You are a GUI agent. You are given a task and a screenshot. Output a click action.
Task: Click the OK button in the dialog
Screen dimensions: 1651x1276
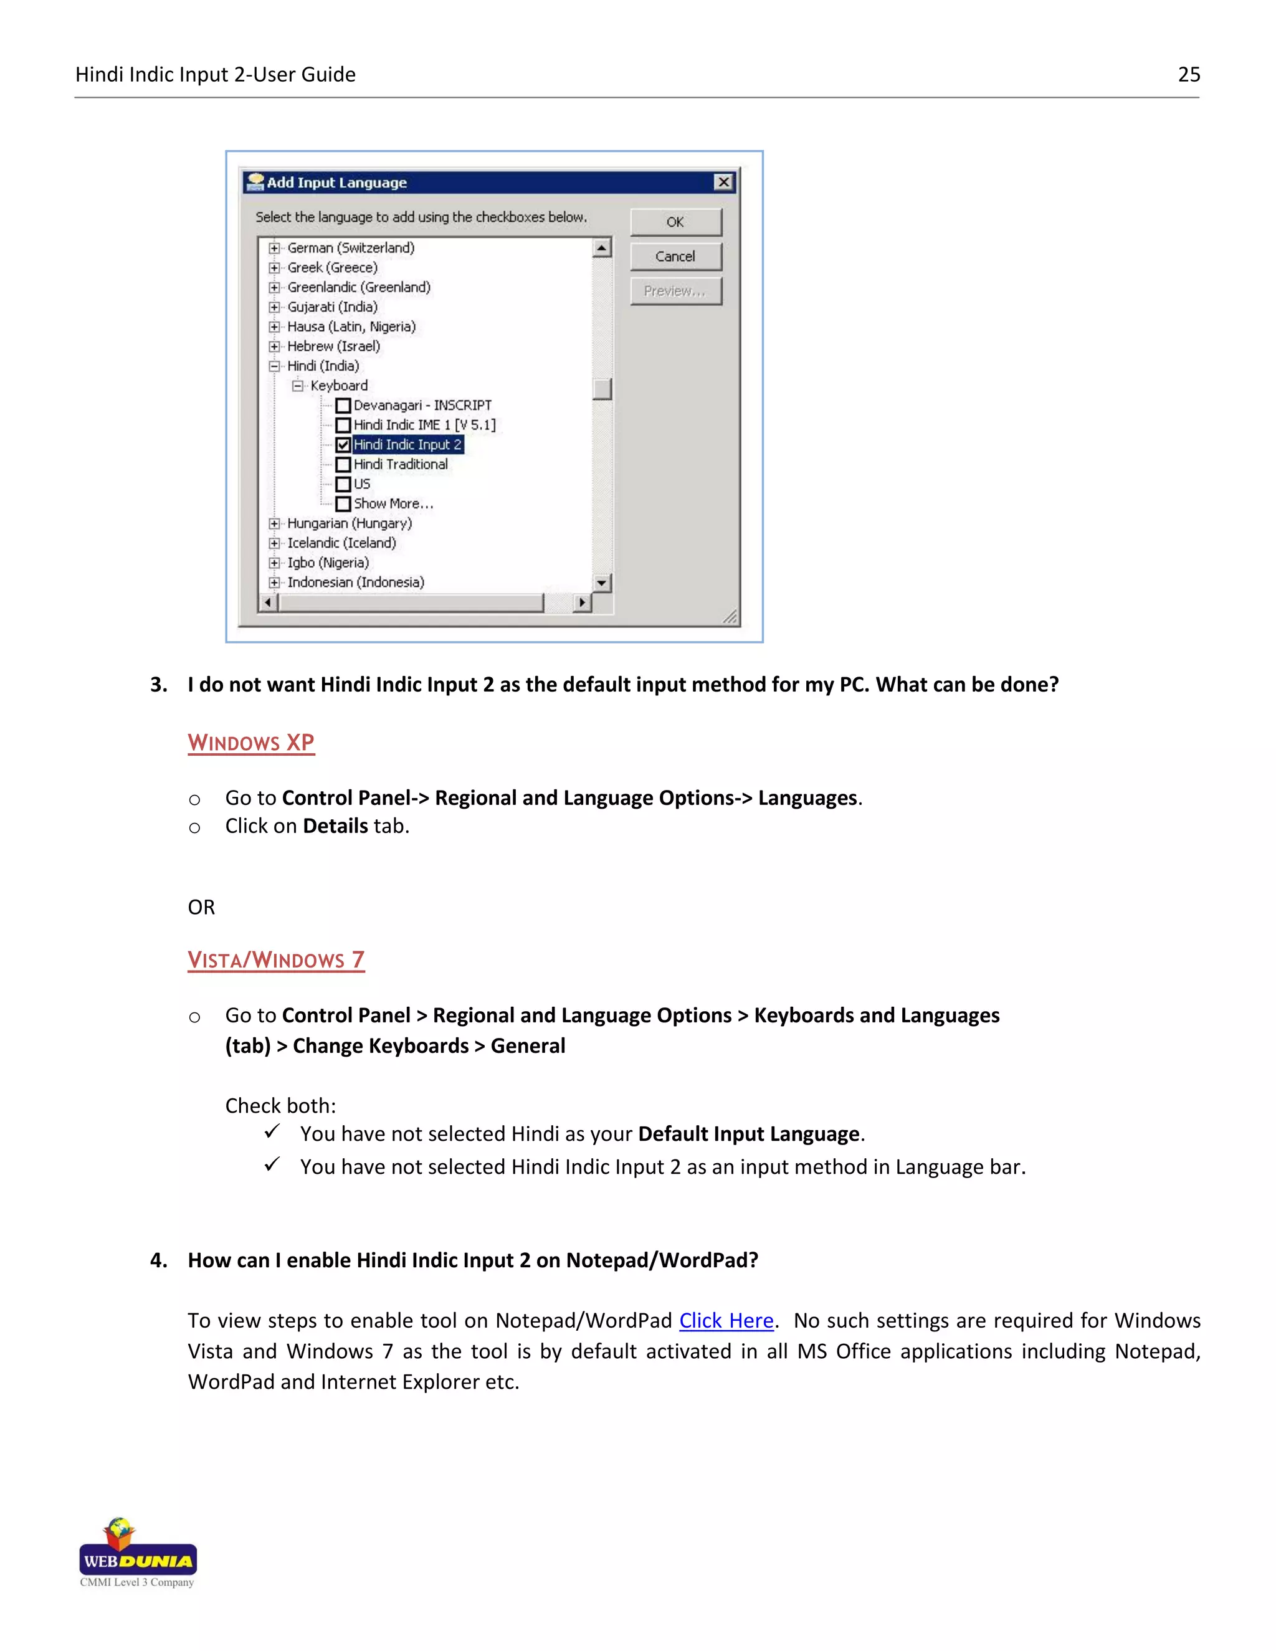(675, 222)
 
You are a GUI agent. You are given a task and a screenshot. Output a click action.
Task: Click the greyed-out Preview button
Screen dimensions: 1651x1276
(675, 291)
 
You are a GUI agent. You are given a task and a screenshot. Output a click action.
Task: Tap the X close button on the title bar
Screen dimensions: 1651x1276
(723, 182)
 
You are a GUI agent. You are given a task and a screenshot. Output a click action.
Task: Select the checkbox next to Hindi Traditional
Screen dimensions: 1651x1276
(343, 465)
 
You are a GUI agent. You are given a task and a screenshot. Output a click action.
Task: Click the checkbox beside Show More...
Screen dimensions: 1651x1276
(343, 504)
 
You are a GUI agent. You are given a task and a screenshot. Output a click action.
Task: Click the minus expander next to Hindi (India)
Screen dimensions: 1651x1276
(274, 366)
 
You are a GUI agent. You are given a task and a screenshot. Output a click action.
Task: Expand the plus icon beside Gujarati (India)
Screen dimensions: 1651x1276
(274, 307)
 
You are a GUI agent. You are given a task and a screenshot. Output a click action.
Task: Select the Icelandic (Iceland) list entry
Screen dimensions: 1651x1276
(341, 543)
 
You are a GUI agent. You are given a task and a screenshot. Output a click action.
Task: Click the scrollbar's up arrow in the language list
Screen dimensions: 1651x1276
(602, 248)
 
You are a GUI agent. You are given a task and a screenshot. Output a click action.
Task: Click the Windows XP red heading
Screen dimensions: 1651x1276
(251, 743)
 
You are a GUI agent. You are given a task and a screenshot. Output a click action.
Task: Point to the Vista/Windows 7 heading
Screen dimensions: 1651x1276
(276, 960)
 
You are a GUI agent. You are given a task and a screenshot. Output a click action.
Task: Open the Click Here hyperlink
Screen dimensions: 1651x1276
(726, 1321)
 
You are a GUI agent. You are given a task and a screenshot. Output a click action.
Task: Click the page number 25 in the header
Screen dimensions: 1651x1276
(1188, 74)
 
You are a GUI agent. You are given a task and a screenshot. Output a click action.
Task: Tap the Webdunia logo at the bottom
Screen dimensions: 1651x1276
(138, 1552)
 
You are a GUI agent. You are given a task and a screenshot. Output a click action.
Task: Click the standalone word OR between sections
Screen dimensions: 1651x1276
(201, 907)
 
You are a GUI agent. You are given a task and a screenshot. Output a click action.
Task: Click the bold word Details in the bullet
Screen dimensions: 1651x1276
(335, 826)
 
